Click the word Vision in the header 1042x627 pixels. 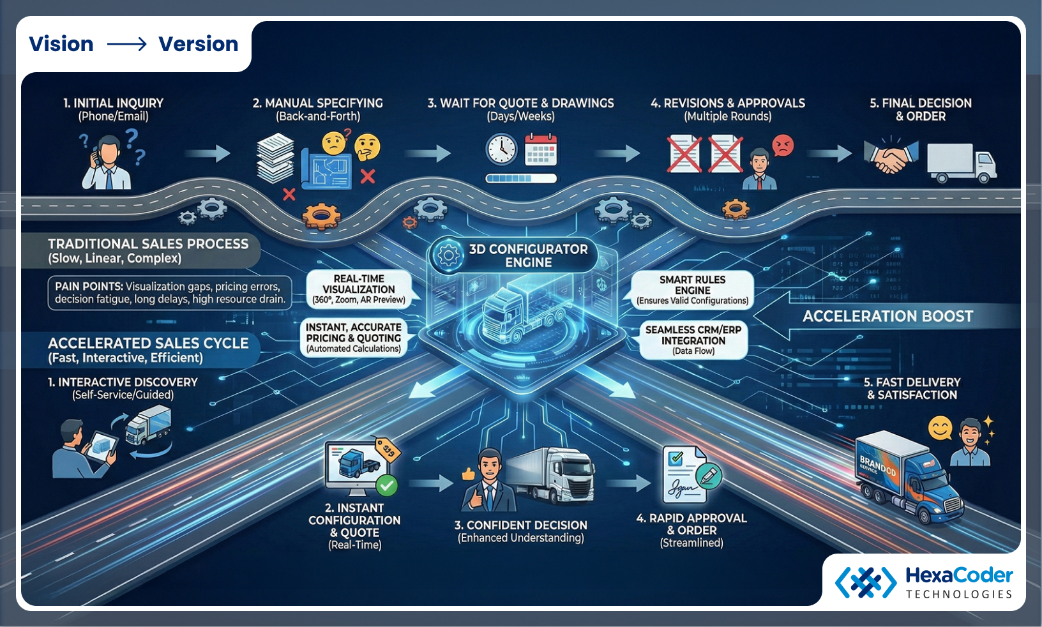click(x=61, y=44)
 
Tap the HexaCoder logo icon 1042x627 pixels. click(x=866, y=582)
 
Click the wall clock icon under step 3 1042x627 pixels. click(x=502, y=149)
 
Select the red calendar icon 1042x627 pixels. click(x=541, y=150)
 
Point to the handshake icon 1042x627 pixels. click(x=890, y=155)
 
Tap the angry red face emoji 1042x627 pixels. click(x=783, y=146)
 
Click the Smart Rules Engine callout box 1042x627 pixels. click(x=693, y=290)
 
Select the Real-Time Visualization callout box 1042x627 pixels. click(x=359, y=289)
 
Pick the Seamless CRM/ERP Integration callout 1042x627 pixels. click(x=693, y=340)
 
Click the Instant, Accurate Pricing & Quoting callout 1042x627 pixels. click(x=354, y=338)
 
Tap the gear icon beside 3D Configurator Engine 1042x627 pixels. click(x=448, y=255)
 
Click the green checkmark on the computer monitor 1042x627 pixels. click(x=386, y=486)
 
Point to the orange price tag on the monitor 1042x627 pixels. click(x=387, y=450)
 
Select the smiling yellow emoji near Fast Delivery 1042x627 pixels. click(x=940, y=428)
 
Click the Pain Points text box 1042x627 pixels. click(x=169, y=293)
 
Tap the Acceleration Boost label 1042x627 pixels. click(x=887, y=317)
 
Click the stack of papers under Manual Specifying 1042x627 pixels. click(x=275, y=158)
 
